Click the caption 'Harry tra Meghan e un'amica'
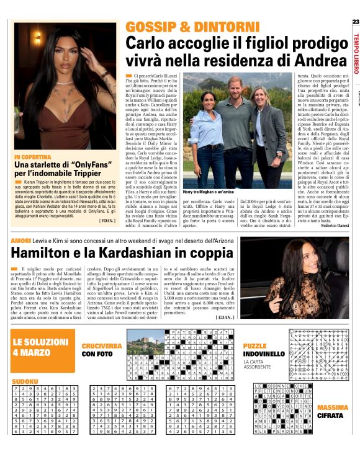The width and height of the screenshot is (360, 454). pyautogui.click(x=209, y=193)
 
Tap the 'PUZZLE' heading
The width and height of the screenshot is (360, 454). pyautogui.click(x=254, y=345)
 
